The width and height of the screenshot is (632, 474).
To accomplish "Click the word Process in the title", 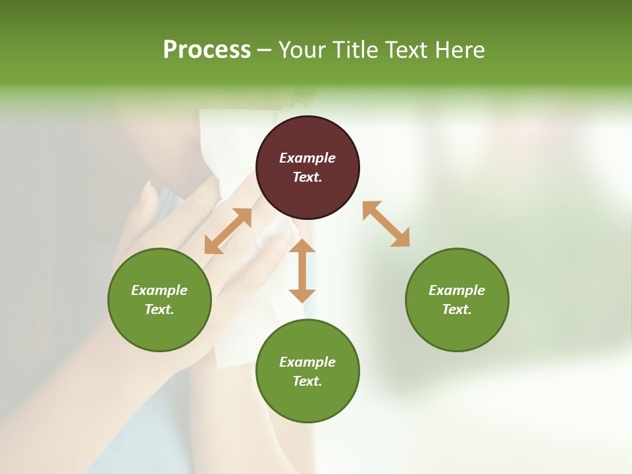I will point(207,50).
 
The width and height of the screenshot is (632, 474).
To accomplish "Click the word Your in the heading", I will point(303,50).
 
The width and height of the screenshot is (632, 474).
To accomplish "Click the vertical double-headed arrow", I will point(302,271).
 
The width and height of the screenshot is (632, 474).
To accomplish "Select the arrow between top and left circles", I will point(228,231).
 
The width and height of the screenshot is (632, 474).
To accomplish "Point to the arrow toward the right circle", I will point(386,224).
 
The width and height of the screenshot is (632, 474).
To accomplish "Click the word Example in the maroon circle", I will point(307,158).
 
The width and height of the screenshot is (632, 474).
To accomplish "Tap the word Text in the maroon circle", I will point(307,177).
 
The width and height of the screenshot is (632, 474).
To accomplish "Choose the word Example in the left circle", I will point(159,290).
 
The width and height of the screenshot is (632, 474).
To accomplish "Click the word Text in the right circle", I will point(457,309).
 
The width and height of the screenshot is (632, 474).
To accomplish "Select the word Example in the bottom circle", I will point(307,362).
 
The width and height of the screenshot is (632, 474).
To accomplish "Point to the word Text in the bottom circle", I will point(307,381).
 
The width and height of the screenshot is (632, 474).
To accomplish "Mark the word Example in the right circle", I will point(457,290).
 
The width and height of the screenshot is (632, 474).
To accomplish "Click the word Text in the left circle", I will point(159,309).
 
